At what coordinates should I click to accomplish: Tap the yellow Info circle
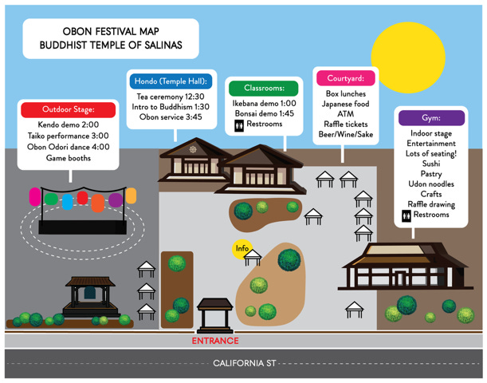tap(242, 249)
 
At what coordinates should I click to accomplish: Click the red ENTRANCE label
tap(215, 341)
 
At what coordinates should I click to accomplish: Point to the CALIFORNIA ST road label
tap(243, 363)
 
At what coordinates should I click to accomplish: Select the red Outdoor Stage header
tap(69, 109)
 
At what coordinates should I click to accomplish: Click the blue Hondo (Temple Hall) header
tap(171, 81)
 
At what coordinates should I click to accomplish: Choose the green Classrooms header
tap(263, 88)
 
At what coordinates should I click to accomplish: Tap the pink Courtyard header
tap(345, 78)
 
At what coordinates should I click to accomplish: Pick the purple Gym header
tap(430, 116)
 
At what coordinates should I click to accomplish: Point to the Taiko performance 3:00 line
tap(69, 136)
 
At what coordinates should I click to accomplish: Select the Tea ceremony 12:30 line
tap(171, 96)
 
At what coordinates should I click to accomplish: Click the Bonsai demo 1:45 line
tap(264, 113)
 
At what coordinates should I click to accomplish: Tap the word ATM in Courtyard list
tap(345, 114)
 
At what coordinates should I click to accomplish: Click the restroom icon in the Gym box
tap(406, 215)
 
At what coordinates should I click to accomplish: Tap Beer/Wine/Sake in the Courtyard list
tap(345, 135)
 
